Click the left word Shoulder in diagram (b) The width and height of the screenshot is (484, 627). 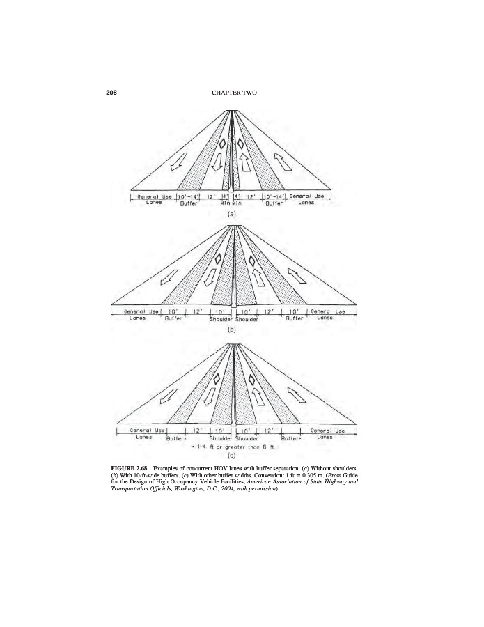coord(221,319)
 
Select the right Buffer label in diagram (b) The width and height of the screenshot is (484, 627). coord(297,318)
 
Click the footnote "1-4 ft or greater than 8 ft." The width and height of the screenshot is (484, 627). coord(235,447)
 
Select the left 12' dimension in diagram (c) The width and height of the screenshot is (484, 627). coord(196,431)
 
